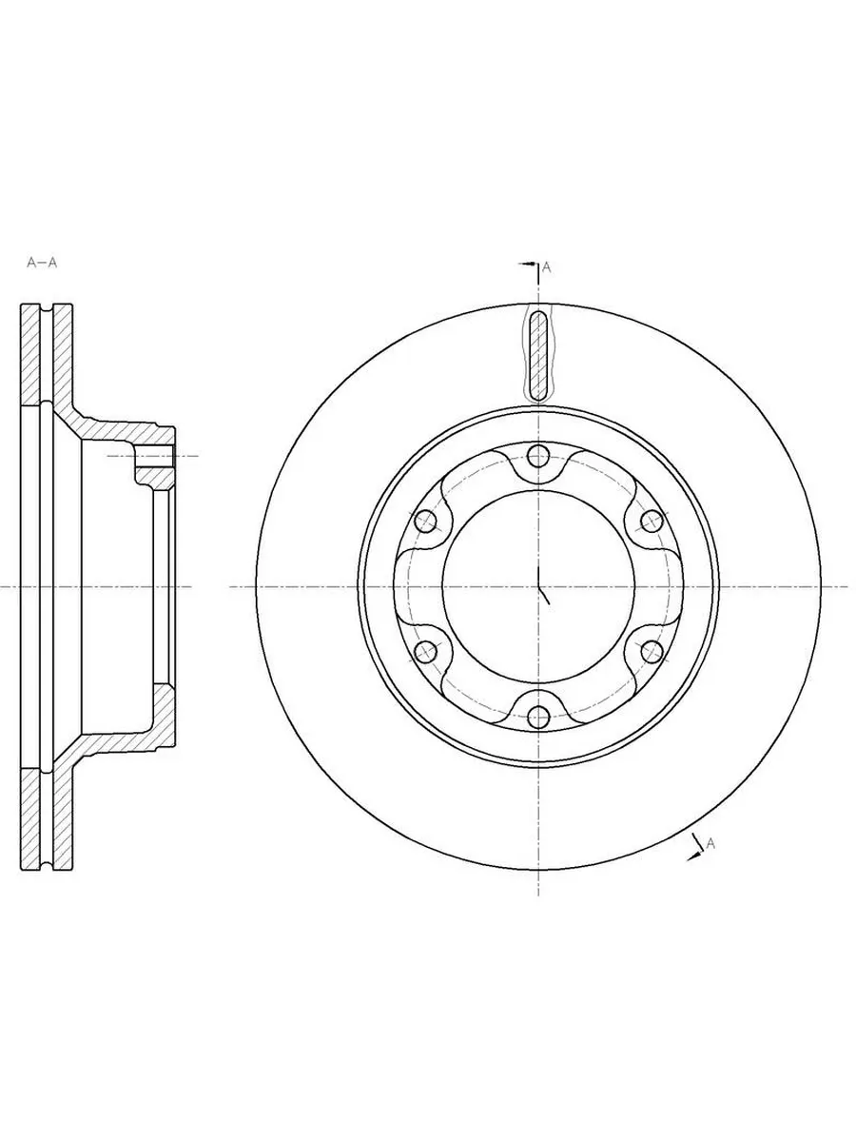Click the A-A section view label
(x=42, y=263)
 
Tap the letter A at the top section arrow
(x=546, y=267)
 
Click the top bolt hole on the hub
(x=538, y=457)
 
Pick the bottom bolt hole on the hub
(x=538, y=717)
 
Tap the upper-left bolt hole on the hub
(x=426, y=522)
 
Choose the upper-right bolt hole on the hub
(x=652, y=522)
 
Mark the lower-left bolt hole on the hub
(x=426, y=651)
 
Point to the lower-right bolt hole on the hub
(x=652, y=651)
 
